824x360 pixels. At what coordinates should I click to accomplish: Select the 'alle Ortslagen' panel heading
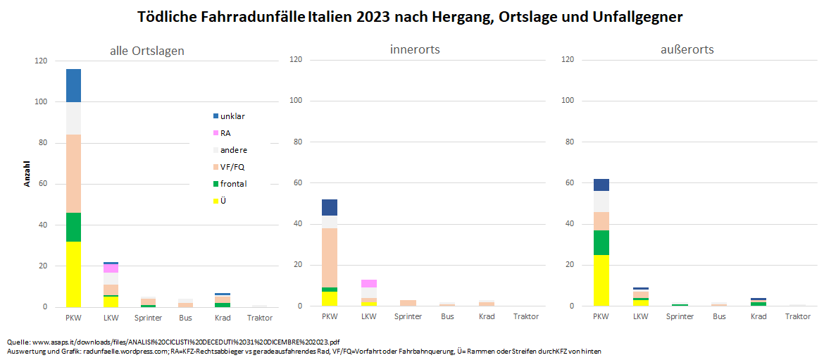147,51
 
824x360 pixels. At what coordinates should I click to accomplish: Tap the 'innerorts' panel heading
415,49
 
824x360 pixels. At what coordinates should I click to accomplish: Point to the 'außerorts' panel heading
687,49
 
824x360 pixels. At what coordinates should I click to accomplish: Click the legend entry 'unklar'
232,116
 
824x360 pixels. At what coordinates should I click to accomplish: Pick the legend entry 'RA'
225,133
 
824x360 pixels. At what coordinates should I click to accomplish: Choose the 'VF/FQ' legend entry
232,167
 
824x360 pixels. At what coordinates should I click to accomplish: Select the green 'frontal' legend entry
233,184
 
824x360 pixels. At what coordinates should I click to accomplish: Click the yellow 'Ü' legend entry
223,201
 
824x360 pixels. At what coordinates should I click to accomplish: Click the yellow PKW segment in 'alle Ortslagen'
73,274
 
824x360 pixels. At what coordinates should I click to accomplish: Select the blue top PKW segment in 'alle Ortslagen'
73,85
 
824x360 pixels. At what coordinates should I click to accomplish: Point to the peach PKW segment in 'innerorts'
330,257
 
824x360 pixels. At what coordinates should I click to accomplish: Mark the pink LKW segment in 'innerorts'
369,283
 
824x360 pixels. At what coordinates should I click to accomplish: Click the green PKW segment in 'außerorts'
601,242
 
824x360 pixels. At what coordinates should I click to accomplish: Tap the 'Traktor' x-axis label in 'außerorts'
798,317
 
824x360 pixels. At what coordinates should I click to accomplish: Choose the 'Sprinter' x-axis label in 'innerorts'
408,317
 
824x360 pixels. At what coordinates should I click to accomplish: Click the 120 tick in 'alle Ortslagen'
41,61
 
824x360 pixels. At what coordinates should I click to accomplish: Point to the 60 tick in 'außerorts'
568,183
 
